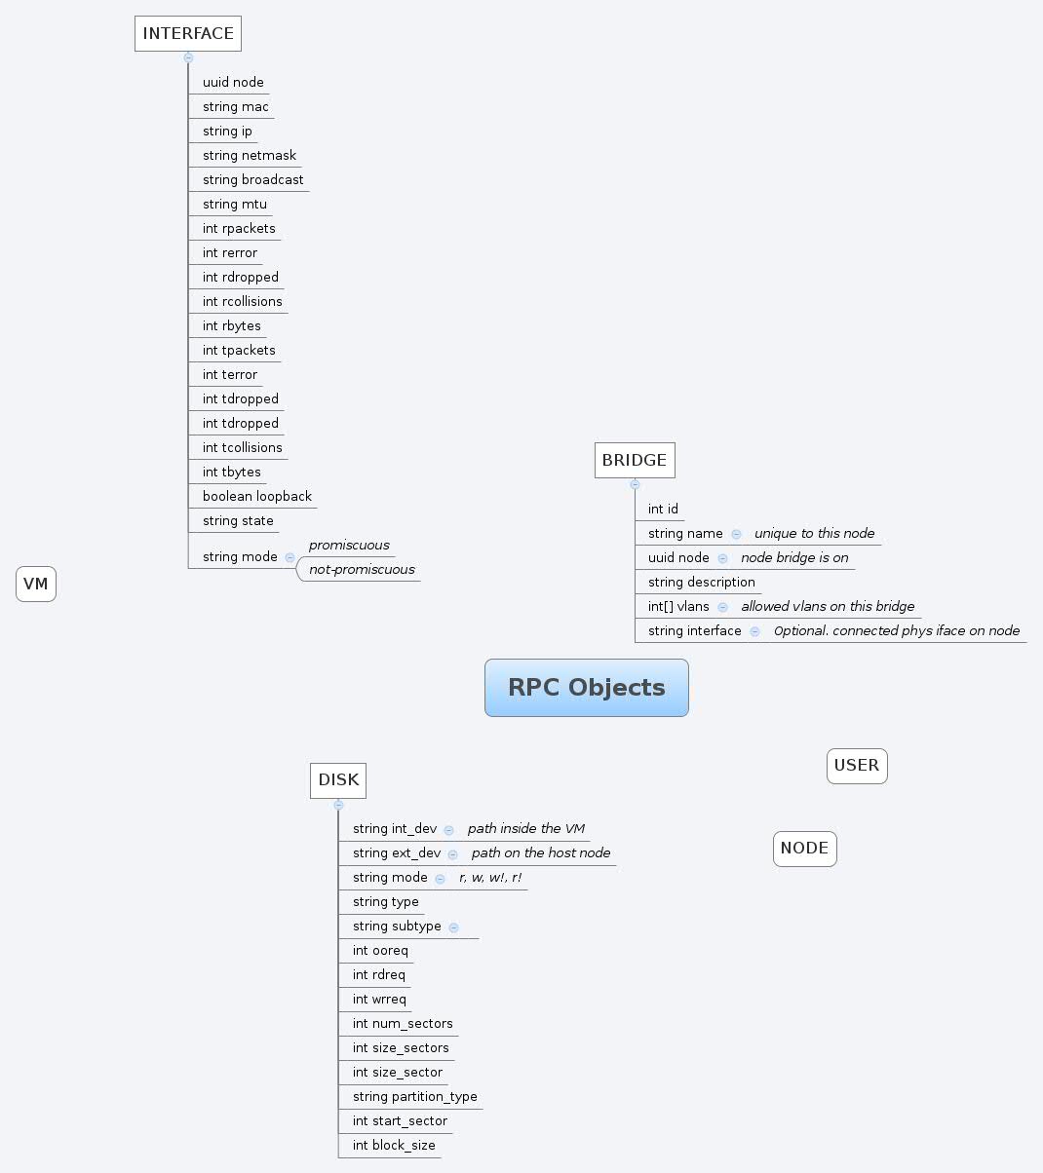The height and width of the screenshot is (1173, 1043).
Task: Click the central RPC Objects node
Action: [x=586, y=688]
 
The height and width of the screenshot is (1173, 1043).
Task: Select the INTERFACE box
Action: [x=188, y=33]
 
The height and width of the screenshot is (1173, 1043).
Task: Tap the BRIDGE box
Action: [x=635, y=460]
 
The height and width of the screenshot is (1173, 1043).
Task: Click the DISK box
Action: [x=338, y=779]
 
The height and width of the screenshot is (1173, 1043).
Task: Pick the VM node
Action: [x=36, y=585]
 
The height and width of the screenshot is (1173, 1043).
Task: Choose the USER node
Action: [x=857, y=766]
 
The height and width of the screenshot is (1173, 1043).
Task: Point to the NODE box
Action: [x=804, y=849]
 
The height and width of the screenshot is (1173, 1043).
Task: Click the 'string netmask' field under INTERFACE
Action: [x=250, y=156]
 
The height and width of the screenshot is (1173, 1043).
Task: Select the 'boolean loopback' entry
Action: [x=256, y=497]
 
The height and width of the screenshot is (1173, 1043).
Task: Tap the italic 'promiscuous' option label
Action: [x=349, y=546]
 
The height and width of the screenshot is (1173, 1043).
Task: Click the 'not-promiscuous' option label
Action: [x=362, y=570]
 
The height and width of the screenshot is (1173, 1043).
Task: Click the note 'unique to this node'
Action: [x=814, y=534]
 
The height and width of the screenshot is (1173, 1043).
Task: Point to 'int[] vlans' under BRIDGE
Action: [x=678, y=607]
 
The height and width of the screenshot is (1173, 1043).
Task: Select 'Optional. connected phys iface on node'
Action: [x=896, y=631]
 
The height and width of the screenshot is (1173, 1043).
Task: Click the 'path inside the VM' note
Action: [x=525, y=829]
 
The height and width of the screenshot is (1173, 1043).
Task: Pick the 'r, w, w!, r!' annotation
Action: [x=490, y=878]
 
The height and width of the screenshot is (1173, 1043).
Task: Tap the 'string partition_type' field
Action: [x=414, y=1097]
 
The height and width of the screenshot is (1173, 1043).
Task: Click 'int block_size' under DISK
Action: [x=394, y=1146]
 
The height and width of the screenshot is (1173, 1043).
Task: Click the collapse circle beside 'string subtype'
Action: [x=454, y=927]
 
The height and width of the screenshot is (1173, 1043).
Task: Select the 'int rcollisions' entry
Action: [x=242, y=302]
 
